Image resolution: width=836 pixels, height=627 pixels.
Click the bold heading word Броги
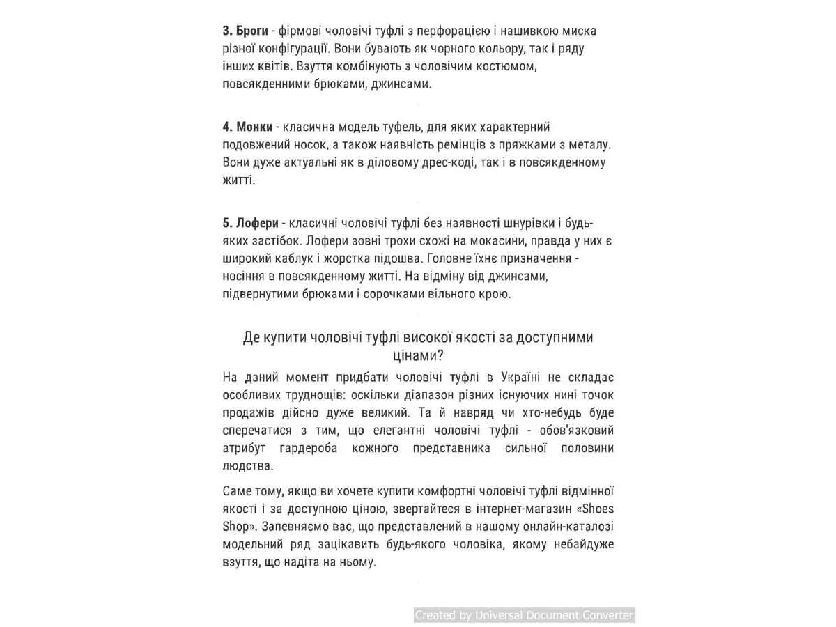(x=253, y=31)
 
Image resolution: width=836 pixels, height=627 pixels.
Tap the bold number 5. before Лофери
(x=227, y=223)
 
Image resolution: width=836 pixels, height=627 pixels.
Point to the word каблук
(x=283, y=258)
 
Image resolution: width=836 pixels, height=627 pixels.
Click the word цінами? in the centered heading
(x=418, y=355)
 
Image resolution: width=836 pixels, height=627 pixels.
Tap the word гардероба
(x=306, y=448)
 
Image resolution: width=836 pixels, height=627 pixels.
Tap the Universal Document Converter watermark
(x=525, y=615)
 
